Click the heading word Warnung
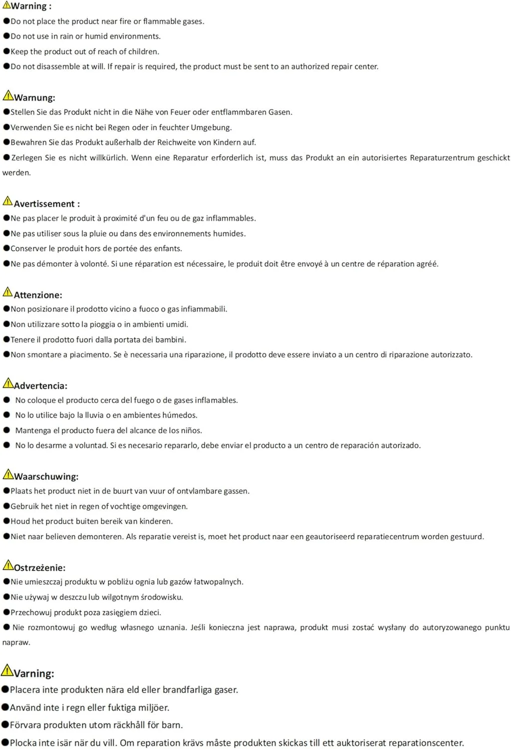(x=34, y=98)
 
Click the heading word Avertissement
(x=44, y=204)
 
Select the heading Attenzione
(x=37, y=295)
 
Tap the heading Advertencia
(x=40, y=386)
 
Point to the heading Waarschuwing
(x=45, y=477)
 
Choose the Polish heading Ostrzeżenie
(x=39, y=568)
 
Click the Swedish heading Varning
(x=33, y=674)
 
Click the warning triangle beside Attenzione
(x=7, y=292)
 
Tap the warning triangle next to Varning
(x=7, y=670)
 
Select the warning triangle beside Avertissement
(x=7, y=201)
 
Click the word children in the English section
(x=143, y=51)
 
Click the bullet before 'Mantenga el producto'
(x=7, y=430)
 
